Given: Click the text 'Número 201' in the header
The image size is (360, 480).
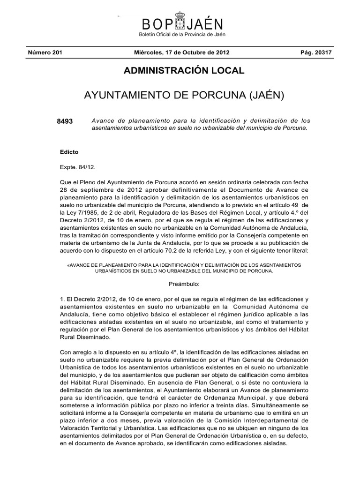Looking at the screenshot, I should [x=45, y=52].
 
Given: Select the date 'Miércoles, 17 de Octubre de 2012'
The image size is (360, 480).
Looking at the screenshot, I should [x=181, y=52].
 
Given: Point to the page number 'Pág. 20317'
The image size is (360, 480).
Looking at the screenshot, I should [x=316, y=52].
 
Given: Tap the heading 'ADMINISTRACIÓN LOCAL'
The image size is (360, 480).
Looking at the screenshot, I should [x=184, y=71].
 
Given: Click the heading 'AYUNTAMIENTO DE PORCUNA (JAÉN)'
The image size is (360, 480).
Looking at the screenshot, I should [x=184, y=96].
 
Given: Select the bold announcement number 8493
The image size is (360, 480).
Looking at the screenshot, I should [x=65, y=121].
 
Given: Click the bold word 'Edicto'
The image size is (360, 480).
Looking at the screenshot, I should [x=69, y=152].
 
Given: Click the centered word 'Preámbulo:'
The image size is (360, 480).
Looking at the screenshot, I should [x=184, y=284].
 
